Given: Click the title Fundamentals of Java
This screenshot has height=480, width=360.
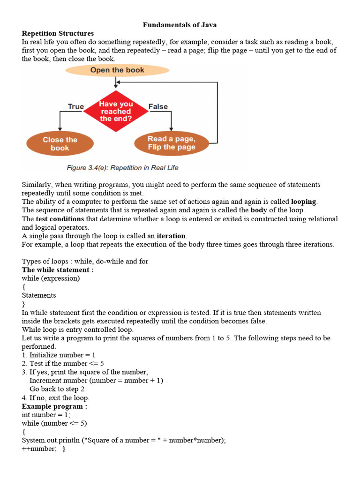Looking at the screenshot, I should [x=180, y=25].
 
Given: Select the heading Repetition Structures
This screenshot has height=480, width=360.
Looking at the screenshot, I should [x=58, y=33].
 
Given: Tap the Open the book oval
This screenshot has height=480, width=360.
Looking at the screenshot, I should [x=117, y=70].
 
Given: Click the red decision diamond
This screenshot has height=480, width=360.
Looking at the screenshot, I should [x=116, y=112].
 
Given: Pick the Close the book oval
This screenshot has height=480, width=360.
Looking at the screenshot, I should [x=60, y=144].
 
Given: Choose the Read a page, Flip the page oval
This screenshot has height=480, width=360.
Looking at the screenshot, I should [x=171, y=143].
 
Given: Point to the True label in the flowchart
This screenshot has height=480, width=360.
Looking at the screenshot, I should [x=76, y=107].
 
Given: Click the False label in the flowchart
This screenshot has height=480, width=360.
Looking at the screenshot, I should [x=158, y=107].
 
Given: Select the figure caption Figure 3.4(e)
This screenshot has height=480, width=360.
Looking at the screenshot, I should [x=122, y=167].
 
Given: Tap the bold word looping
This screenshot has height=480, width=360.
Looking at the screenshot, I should [x=304, y=202].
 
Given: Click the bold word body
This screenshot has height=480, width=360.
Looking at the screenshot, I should [x=258, y=210].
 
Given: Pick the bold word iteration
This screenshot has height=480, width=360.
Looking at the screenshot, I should [x=171, y=236].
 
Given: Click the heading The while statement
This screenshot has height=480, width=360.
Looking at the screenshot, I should [x=58, y=270].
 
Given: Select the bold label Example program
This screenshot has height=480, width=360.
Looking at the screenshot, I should [x=54, y=406].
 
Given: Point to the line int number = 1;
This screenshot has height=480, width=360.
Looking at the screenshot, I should [x=46, y=415].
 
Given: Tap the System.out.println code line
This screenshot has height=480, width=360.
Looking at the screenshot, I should [x=124, y=441].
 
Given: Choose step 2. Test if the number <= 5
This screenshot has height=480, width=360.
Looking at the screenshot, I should [x=63, y=363].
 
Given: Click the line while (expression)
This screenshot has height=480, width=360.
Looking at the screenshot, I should [x=51, y=278].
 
